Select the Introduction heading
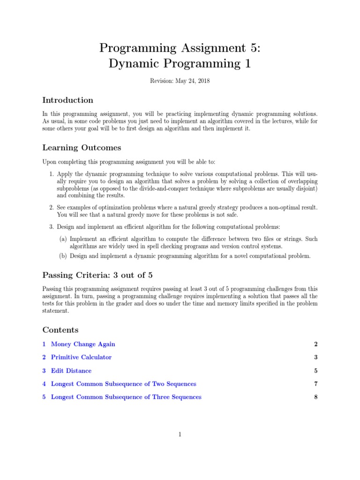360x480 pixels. point(67,100)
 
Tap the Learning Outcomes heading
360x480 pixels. point(82,148)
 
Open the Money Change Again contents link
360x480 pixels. point(82,344)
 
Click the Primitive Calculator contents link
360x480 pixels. point(81,357)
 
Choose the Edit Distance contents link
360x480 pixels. point(71,370)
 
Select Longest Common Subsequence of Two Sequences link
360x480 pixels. point(123,383)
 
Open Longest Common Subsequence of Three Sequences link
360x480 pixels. point(126,397)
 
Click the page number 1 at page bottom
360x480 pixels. point(180,435)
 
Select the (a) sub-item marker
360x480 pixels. point(63,239)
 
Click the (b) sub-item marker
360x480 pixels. point(63,256)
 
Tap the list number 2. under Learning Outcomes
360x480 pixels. point(52,207)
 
